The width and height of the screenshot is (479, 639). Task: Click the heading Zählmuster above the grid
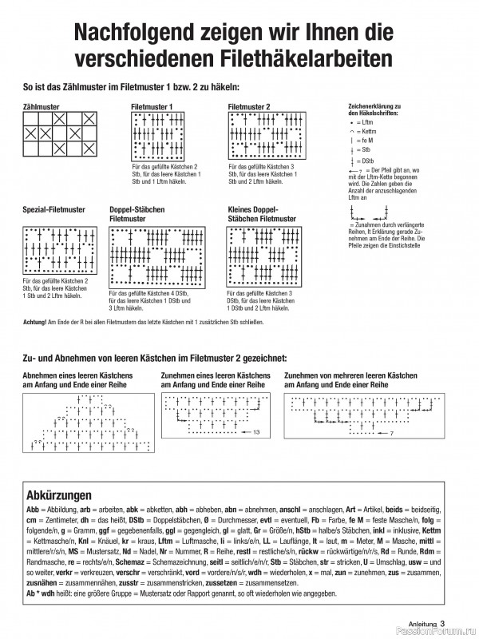click(x=43, y=105)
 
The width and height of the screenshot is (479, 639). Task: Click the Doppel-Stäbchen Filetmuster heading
click(x=137, y=213)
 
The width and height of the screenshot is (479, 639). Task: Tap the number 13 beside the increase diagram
click(x=256, y=431)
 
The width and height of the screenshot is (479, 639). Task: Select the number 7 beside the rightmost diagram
click(x=391, y=433)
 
